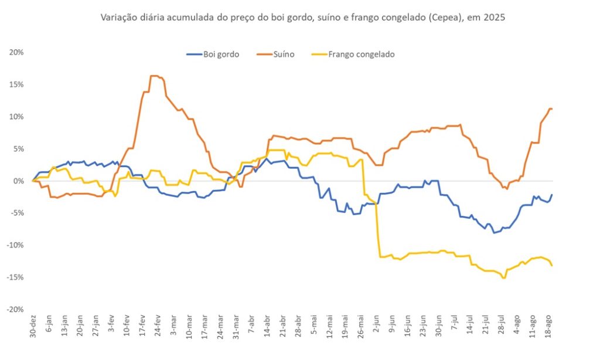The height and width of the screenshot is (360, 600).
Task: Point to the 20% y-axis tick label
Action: point(16,52)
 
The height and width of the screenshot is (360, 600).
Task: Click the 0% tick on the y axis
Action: point(18,181)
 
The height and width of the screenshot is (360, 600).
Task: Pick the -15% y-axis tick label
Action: point(15,277)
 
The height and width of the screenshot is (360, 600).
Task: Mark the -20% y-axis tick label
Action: point(15,309)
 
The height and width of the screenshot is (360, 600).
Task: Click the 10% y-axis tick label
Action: point(16,117)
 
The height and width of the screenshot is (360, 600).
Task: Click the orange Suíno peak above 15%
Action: point(154,76)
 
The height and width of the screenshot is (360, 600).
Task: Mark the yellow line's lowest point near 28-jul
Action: point(504,278)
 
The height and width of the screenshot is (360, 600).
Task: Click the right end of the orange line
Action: point(552,108)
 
